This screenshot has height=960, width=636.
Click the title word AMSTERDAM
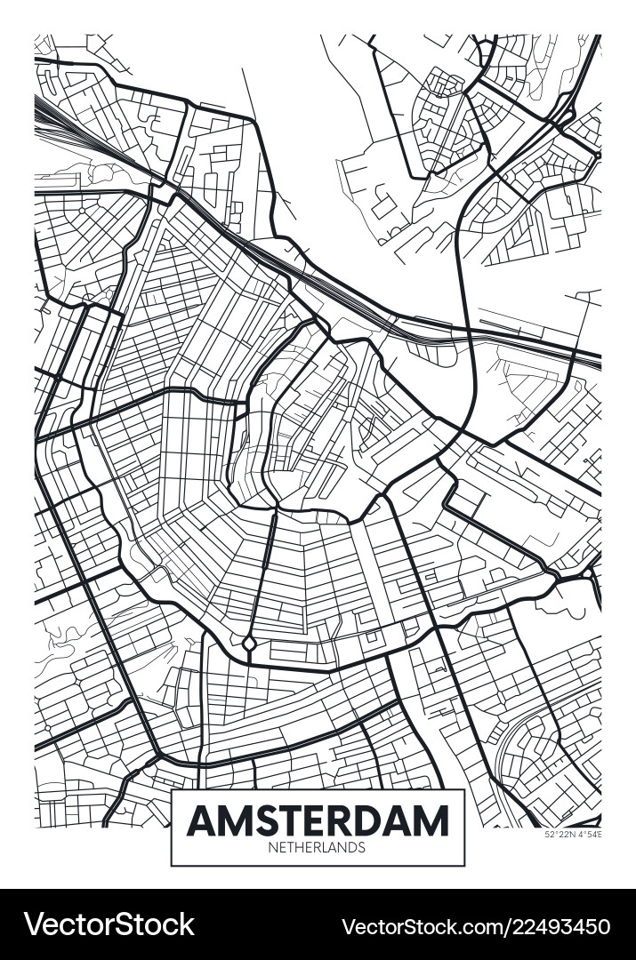click(318, 820)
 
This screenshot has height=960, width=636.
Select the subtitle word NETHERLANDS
click(317, 848)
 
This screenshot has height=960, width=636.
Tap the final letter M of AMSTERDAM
click(432, 820)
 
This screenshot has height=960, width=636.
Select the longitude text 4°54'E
click(589, 834)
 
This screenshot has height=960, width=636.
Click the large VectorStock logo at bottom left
click(109, 924)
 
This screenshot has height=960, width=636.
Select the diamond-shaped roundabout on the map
click(250, 643)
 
